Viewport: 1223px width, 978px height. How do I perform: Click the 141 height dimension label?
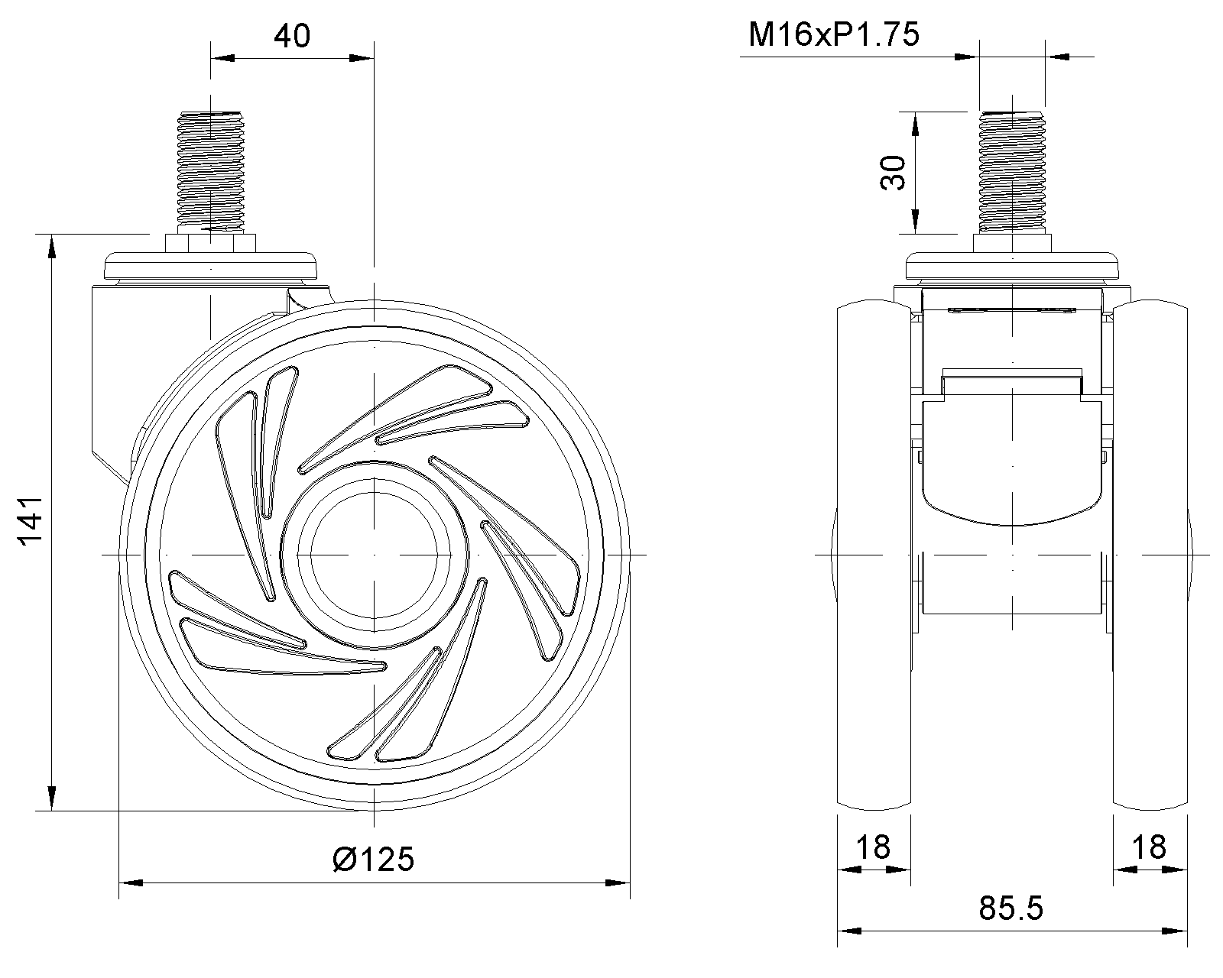[x=31, y=520]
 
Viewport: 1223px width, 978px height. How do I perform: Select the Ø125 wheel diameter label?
[x=373, y=859]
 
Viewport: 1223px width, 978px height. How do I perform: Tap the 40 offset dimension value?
[x=292, y=36]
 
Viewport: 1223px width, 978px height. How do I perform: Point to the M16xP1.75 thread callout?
[x=834, y=34]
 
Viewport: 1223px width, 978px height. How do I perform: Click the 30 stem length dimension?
[x=892, y=172]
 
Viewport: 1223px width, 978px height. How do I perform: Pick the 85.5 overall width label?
[x=1011, y=908]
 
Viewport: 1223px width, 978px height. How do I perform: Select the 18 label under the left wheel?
[x=873, y=847]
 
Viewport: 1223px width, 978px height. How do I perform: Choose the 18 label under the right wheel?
[x=1149, y=847]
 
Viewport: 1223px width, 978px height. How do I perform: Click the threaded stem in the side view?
[x=211, y=171]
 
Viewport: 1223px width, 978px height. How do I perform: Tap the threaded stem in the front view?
[x=1012, y=171]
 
